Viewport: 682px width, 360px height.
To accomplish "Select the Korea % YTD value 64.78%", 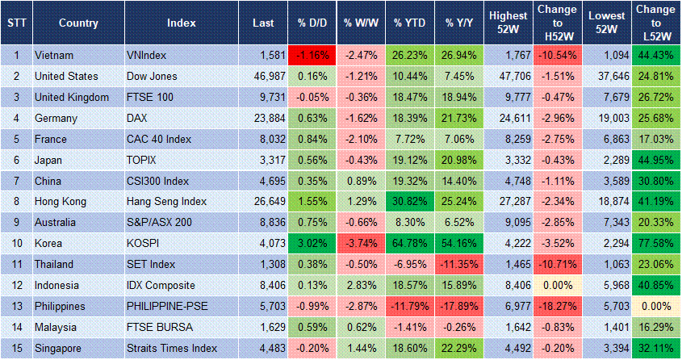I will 411,243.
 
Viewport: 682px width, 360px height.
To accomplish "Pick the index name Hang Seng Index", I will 166,201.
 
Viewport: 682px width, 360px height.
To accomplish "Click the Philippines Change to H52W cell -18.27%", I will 557,306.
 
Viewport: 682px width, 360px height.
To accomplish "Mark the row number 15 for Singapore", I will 15,348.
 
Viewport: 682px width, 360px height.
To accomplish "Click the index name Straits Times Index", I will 172,348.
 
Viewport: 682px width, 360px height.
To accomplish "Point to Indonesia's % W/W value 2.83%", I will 361,285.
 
